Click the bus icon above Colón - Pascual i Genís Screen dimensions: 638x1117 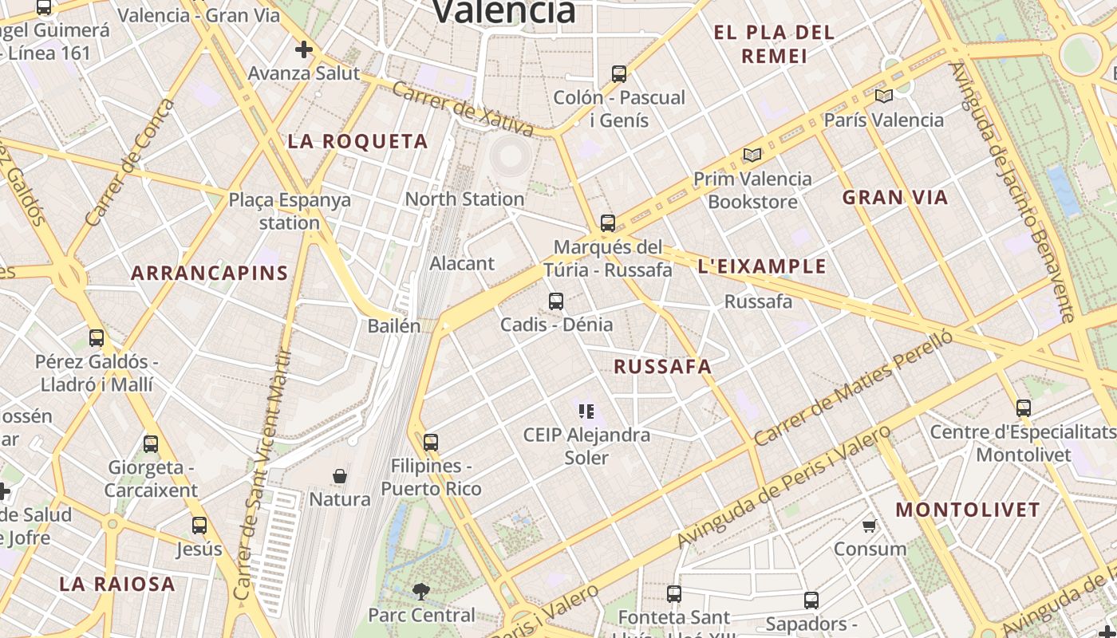[618, 74]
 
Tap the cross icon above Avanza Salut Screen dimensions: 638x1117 [303, 50]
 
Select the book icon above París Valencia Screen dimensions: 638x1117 [883, 96]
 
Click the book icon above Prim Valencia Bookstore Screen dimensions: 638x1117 [752, 155]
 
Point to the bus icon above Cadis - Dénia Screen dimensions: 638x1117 [556, 301]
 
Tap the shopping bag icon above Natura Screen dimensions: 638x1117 [340, 476]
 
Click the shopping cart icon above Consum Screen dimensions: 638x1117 [870, 526]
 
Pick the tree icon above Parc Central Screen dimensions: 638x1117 [420, 592]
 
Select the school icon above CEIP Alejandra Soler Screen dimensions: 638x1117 [586, 412]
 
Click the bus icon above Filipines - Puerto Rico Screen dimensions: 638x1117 [431, 442]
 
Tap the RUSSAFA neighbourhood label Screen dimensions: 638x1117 [662, 367]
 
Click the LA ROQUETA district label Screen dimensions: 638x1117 [357, 142]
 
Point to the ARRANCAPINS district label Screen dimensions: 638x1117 [209, 274]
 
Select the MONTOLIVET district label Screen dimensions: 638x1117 [968, 510]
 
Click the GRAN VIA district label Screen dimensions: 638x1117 [895, 198]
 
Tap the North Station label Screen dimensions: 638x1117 [464, 199]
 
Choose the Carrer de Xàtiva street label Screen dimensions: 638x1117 [463, 109]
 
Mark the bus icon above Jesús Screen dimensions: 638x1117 [199, 526]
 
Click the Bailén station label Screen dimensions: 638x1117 [393, 326]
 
